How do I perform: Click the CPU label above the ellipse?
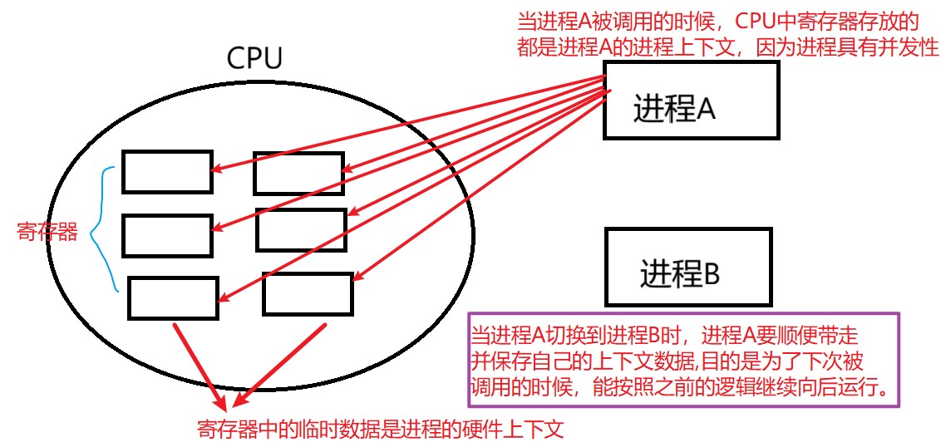tap(254, 58)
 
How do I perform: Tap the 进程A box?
tap(691, 100)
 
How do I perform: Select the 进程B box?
tap(691, 266)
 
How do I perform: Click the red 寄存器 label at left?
tap(47, 233)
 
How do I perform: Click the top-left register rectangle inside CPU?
tap(167, 171)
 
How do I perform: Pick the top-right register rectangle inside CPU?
tap(298, 173)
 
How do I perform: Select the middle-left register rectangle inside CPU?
tap(168, 235)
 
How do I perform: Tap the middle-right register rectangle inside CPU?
tap(301, 230)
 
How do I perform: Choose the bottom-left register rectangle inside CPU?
tap(174, 297)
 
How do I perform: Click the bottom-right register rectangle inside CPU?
tap(308, 293)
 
